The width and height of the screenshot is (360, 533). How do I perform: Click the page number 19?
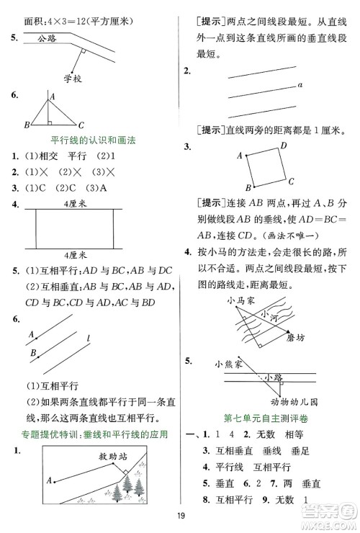(x=180, y=514)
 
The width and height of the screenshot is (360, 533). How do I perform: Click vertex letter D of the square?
(x=283, y=145)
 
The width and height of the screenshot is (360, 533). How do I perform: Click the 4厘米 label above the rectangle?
(x=75, y=205)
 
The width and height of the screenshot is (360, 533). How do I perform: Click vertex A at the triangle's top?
(x=52, y=94)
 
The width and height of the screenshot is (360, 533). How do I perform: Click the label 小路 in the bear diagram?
(x=272, y=377)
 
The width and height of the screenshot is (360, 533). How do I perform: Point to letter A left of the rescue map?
(x=48, y=480)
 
